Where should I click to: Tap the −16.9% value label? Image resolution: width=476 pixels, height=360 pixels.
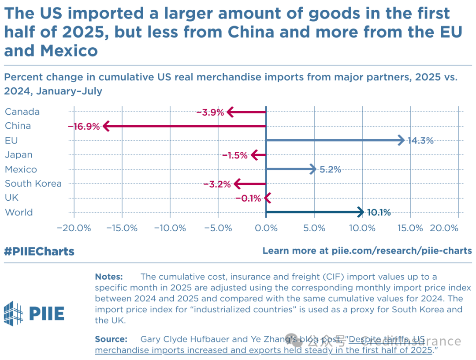click(84, 127)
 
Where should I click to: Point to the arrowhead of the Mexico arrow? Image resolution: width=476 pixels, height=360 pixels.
click(313, 169)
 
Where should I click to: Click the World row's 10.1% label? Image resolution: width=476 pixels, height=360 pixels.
click(379, 212)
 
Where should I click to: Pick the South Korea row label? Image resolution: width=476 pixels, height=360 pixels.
click(33, 184)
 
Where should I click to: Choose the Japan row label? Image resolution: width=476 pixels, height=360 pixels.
click(19, 155)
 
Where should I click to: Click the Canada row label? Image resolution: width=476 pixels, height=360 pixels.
click(22, 112)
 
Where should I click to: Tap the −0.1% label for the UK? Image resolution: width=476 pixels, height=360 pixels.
click(248, 198)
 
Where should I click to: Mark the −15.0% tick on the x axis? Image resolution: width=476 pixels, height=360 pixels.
click(122, 228)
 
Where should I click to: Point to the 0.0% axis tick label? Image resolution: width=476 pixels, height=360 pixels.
click(266, 228)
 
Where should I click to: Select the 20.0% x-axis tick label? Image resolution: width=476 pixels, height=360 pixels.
click(444, 228)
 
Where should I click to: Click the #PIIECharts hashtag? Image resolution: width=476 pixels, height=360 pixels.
click(39, 251)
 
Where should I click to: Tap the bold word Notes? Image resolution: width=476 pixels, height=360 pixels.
click(109, 277)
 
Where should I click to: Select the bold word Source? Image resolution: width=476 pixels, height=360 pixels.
click(111, 339)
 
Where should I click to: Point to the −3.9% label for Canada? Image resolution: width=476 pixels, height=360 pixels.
click(210, 112)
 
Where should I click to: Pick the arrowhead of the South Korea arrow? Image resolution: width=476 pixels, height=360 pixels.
click(238, 184)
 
